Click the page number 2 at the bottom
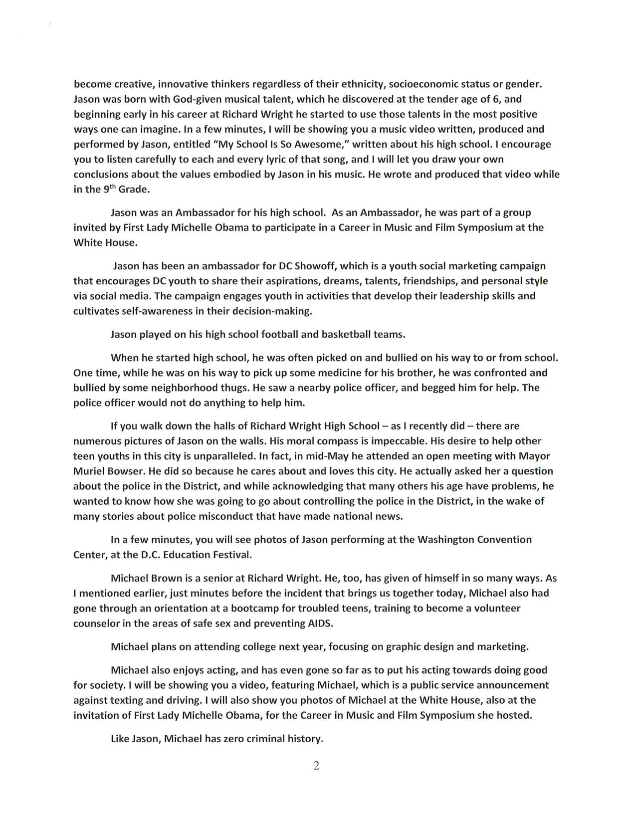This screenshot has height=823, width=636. [316, 766]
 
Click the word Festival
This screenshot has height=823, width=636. [230, 555]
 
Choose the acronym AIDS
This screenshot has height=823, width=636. [319, 623]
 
